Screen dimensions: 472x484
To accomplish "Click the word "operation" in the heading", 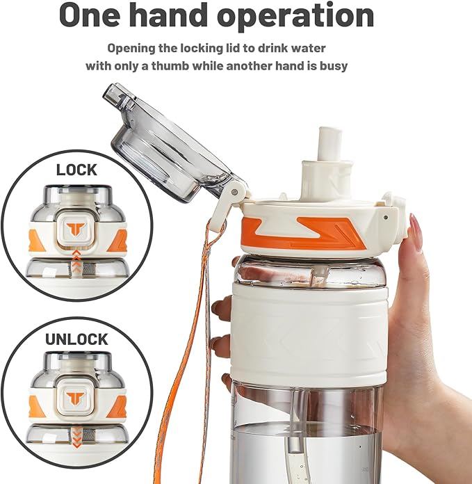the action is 296,15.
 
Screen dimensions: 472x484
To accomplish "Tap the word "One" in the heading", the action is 89,15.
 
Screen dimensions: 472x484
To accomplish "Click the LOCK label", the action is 76,170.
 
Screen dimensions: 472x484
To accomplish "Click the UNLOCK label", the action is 76,339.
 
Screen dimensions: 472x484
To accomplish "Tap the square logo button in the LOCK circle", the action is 77,229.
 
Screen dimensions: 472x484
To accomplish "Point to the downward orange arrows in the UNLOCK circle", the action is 77,437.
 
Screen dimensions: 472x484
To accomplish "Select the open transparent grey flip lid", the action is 171,143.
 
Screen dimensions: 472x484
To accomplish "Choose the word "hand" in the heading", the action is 169,15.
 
